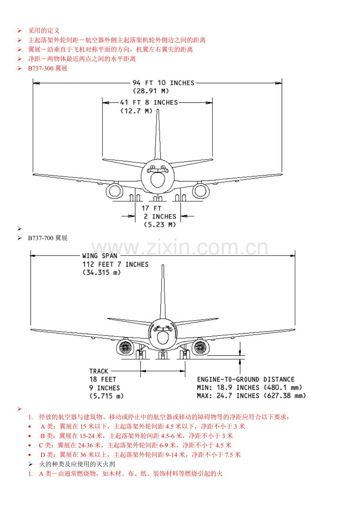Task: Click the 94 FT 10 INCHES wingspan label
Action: [163, 83]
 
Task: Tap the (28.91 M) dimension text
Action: [151, 91]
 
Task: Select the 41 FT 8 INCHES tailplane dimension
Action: [149, 102]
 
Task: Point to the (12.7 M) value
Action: [136, 111]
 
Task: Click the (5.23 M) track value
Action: [160, 225]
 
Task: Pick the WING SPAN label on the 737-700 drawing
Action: [100, 256]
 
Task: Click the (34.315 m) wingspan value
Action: [101, 272]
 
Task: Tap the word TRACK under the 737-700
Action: [99, 371]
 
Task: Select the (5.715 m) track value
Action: [106, 396]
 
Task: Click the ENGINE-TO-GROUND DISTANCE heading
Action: [246, 380]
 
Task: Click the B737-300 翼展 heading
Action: [48, 68]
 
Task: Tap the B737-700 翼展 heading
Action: [48, 238]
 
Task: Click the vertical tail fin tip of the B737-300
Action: [158, 109]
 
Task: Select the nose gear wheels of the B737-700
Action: [163, 356]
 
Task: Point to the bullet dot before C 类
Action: [30, 446]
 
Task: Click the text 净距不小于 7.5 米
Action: [216, 455]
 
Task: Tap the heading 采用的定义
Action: [44, 30]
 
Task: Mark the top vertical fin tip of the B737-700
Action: [163, 265]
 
